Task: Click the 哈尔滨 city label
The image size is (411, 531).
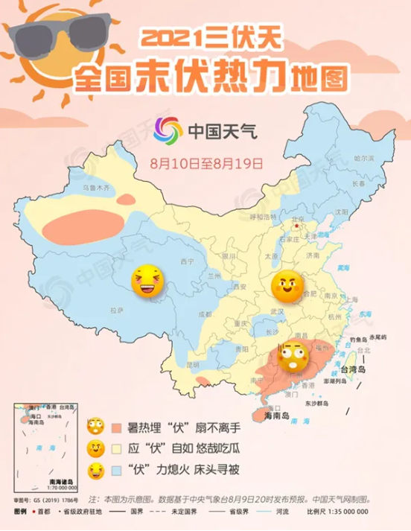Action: [x=363, y=159]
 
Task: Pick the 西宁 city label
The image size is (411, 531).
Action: [x=186, y=262]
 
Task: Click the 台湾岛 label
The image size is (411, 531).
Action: [x=354, y=370]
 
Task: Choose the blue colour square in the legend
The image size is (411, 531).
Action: [x=117, y=471]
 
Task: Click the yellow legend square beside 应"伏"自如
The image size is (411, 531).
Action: [x=117, y=450]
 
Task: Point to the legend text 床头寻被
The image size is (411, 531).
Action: [x=219, y=471]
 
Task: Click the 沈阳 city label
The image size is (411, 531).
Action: [x=342, y=212]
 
